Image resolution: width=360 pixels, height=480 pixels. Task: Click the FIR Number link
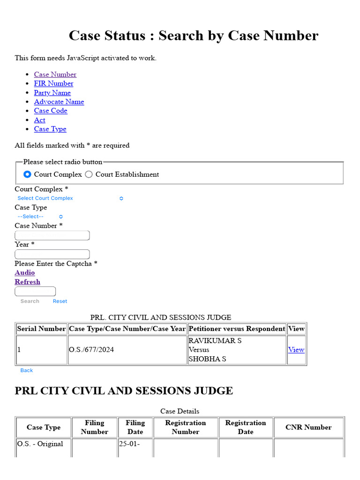[53, 83]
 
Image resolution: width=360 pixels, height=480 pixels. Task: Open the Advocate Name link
[59, 102]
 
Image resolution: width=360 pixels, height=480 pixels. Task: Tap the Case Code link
[51, 111]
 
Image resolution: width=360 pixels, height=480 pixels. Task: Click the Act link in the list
[39, 120]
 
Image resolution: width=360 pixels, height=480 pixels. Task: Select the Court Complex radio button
[28, 174]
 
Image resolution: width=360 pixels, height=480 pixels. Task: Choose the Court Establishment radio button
[89, 174]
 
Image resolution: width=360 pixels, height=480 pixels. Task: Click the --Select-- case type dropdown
[40, 217]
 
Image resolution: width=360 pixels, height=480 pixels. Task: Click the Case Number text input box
[52, 235]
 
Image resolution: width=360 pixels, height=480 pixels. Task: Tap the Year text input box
[52, 254]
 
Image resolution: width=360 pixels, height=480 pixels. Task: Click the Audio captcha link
[24, 272]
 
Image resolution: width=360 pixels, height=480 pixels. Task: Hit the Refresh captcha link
[27, 282]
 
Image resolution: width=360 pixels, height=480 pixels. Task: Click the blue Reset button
[60, 301]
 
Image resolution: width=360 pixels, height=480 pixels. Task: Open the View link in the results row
[296, 350]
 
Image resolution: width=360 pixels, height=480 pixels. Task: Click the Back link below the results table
[27, 370]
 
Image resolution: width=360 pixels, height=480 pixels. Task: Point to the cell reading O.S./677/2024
[91, 350]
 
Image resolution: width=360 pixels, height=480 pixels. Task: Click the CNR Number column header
[308, 427]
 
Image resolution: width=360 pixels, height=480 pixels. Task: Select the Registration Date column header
[246, 427]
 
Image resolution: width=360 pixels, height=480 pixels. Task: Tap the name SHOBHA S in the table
[207, 359]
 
